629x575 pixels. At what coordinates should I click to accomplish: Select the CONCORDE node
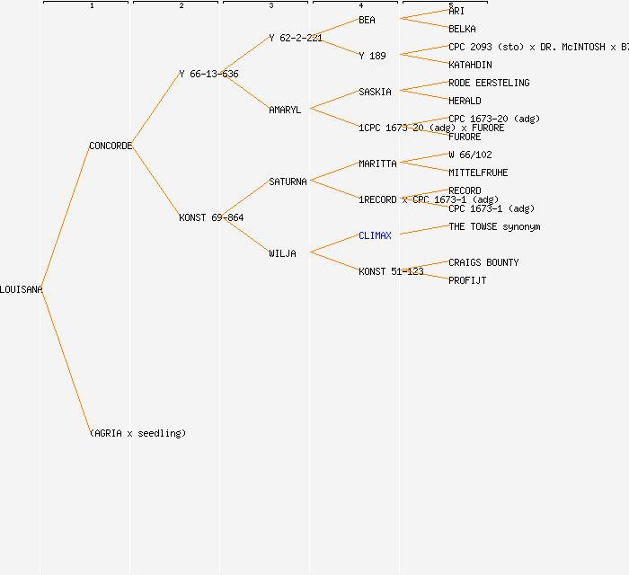pyautogui.click(x=111, y=146)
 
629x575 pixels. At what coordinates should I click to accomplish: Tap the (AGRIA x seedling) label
pyautogui.click(x=137, y=433)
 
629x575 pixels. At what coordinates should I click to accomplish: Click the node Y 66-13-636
pyautogui.click(x=208, y=74)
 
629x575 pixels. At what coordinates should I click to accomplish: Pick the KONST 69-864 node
pyautogui.click(x=211, y=217)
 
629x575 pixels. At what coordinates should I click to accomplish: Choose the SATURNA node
pyautogui.click(x=288, y=181)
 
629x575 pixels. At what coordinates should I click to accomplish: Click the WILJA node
pyautogui.click(x=282, y=253)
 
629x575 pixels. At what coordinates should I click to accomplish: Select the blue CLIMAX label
pyautogui.click(x=375, y=235)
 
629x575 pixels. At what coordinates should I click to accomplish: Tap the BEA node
pyautogui.click(x=367, y=20)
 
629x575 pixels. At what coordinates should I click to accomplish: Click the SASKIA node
pyautogui.click(x=375, y=92)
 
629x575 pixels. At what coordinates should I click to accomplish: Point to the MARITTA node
pyautogui.click(x=377, y=164)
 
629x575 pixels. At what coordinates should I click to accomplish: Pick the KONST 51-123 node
pyautogui.click(x=391, y=271)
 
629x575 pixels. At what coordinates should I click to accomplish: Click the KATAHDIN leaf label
pyautogui.click(x=470, y=65)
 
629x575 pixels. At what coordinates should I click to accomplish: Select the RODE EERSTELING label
pyautogui.click(x=489, y=83)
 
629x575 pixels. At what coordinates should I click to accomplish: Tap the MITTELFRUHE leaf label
pyautogui.click(x=478, y=172)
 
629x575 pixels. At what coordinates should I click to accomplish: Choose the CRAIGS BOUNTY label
pyautogui.click(x=483, y=262)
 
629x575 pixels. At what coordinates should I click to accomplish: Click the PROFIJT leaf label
pyautogui.click(x=467, y=280)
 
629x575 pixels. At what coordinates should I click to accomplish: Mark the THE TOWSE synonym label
pyautogui.click(x=494, y=226)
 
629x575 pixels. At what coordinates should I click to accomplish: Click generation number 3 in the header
pyautogui.click(x=270, y=6)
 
